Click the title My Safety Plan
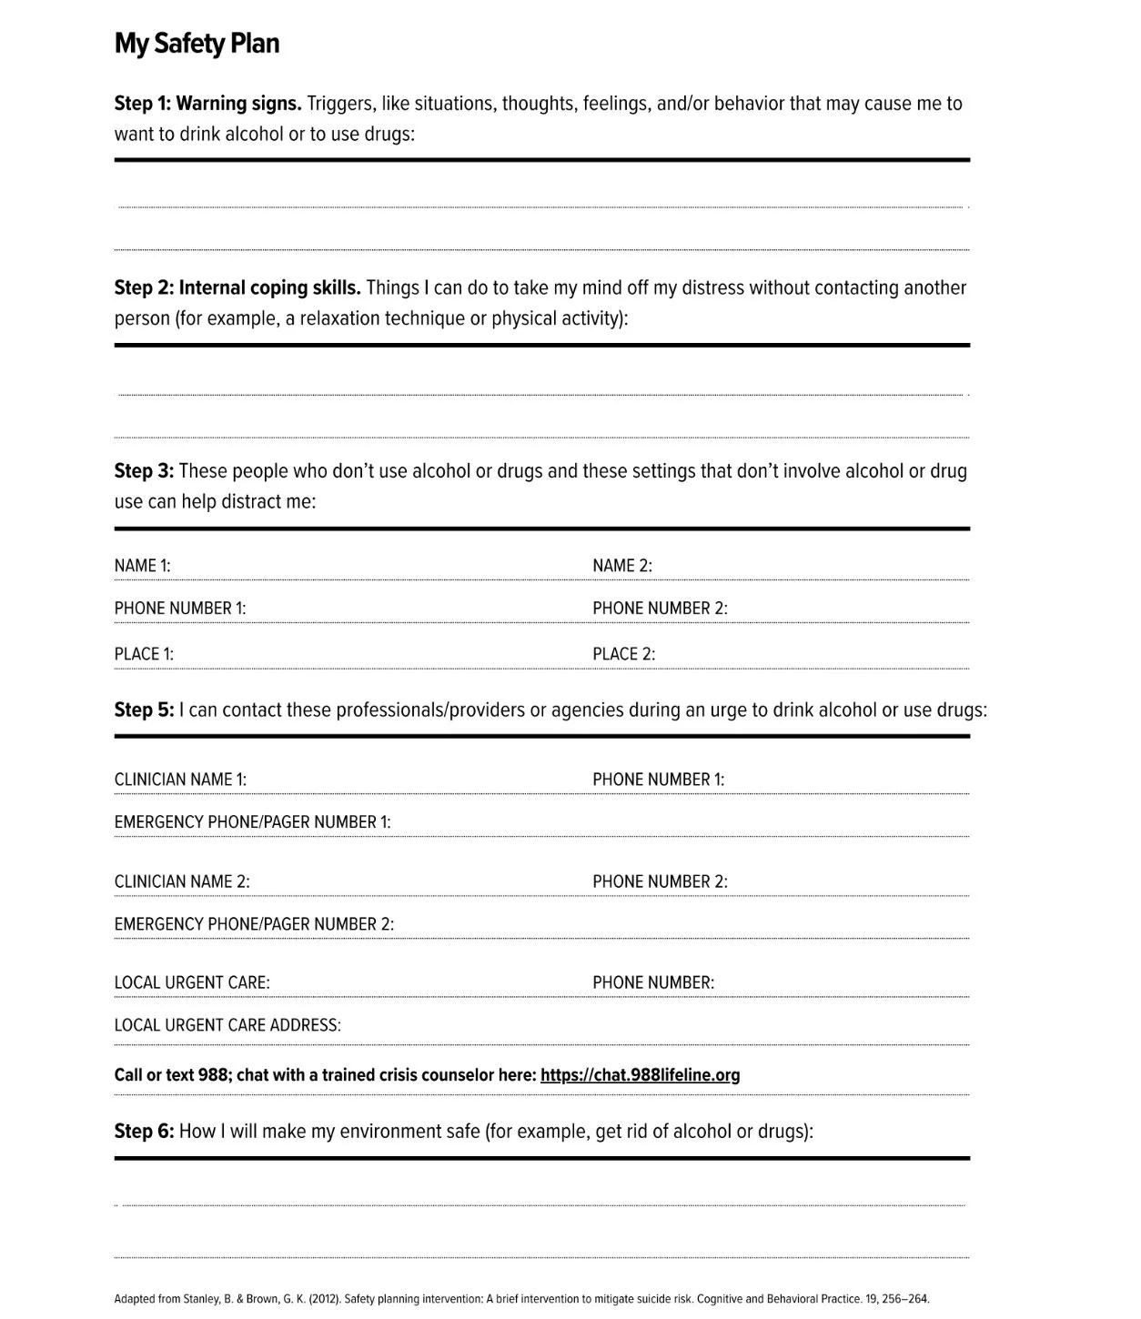click(x=197, y=44)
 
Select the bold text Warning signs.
click(x=238, y=104)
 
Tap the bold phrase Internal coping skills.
click(x=269, y=288)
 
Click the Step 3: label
click(x=143, y=471)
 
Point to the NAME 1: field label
click(x=142, y=566)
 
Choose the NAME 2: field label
click(x=622, y=566)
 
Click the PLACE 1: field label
click(x=144, y=654)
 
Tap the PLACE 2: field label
click(x=624, y=654)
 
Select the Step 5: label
click(x=143, y=710)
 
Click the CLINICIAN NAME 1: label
click(x=180, y=780)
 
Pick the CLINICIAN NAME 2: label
click(x=182, y=881)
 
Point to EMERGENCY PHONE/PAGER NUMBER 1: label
click(x=252, y=822)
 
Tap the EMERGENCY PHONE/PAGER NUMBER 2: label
click(x=254, y=924)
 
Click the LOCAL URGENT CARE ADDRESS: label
click(x=227, y=1025)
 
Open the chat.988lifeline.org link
click(x=640, y=1075)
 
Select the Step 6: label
click(x=143, y=1132)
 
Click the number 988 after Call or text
click(x=213, y=1075)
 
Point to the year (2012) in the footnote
click(x=324, y=1299)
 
